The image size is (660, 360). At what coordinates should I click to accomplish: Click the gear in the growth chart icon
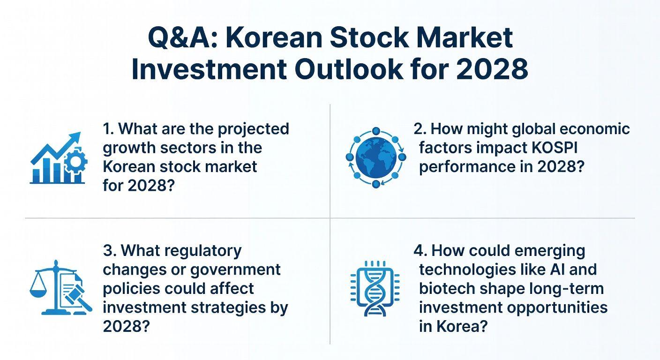75,162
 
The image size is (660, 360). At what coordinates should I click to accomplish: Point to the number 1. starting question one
109,128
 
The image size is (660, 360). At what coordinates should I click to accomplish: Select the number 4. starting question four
420,250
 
